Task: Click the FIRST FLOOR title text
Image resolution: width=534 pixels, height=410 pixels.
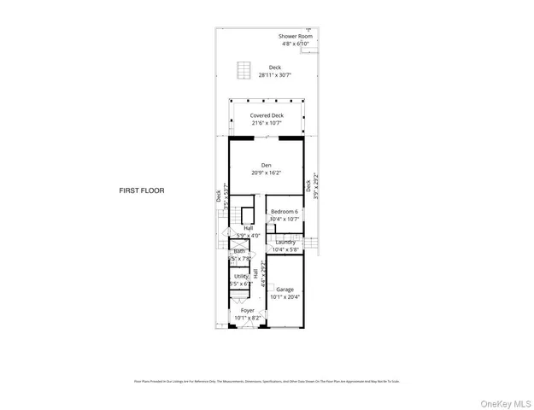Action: click(x=141, y=190)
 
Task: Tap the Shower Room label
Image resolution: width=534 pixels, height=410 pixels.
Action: click(x=296, y=36)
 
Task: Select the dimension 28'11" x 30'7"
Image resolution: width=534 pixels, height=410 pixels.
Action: click(x=274, y=75)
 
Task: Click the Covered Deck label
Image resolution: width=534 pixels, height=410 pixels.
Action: click(x=267, y=115)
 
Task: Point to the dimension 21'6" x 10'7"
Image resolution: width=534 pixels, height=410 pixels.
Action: click(x=267, y=123)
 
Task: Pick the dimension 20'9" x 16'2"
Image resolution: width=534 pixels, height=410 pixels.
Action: click(x=267, y=173)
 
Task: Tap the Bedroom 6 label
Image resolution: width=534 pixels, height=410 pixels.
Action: click(x=285, y=211)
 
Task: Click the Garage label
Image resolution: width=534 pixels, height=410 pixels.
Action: click(x=285, y=290)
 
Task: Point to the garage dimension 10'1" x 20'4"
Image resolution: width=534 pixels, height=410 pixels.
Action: click(x=285, y=297)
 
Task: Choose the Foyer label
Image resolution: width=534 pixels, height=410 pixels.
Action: click(x=248, y=310)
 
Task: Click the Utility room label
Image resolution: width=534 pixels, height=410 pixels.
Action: click(x=241, y=276)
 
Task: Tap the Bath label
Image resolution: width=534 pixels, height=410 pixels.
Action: click(x=239, y=251)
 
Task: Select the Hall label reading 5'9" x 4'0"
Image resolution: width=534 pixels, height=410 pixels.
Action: click(x=249, y=235)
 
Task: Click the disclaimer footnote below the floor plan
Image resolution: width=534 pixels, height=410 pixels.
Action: click(x=266, y=381)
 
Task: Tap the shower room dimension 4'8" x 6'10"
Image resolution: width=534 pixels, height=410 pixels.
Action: click(x=296, y=44)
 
